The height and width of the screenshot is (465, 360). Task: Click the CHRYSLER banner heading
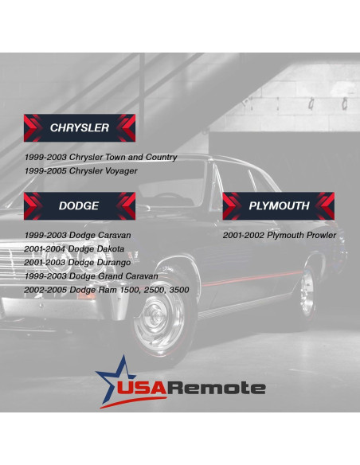pyautogui.click(x=79, y=127)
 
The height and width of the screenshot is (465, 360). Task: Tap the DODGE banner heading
pyautogui.click(x=79, y=205)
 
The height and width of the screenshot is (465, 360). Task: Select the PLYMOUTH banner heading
pyautogui.click(x=278, y=205)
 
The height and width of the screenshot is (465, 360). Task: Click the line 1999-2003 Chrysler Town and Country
pyautogui.click(x=100, y=158)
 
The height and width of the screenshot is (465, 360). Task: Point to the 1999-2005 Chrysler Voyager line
pyautogui.click(x=80, y=170)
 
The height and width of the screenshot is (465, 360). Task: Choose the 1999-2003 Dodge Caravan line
pyautogui.click(x=77, y=236)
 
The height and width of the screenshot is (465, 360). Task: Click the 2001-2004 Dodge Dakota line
pyautogui.click(x=74, y=249)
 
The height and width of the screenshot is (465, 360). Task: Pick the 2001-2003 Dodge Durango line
pyautogui.click(x=77, y=263)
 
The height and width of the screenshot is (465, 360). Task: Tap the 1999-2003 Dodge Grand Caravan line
pyautogui.click(x=91, y=276)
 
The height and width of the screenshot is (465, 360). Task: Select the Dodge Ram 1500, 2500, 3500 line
pyautogui.click(x=106, y=290)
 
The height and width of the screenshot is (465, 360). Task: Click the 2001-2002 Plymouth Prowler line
pyautogui.click(x=279, y=236)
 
